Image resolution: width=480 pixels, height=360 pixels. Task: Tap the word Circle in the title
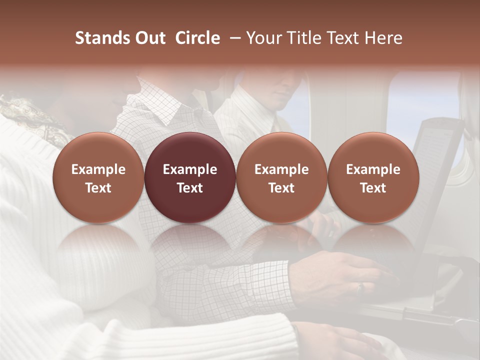[197, 38]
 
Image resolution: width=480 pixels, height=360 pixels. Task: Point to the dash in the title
[233, 38]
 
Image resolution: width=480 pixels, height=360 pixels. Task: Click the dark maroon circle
[190, 178]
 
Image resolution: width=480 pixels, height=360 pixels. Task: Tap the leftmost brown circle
[98, 178]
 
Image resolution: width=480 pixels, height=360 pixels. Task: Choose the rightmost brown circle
[373, 178]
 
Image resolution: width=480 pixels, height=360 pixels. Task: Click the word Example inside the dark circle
[190, 169]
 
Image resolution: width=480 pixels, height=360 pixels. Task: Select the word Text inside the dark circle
[190, 188]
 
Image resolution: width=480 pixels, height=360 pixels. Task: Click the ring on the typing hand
[360, 288]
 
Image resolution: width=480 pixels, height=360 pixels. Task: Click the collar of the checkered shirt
[155, 107]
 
